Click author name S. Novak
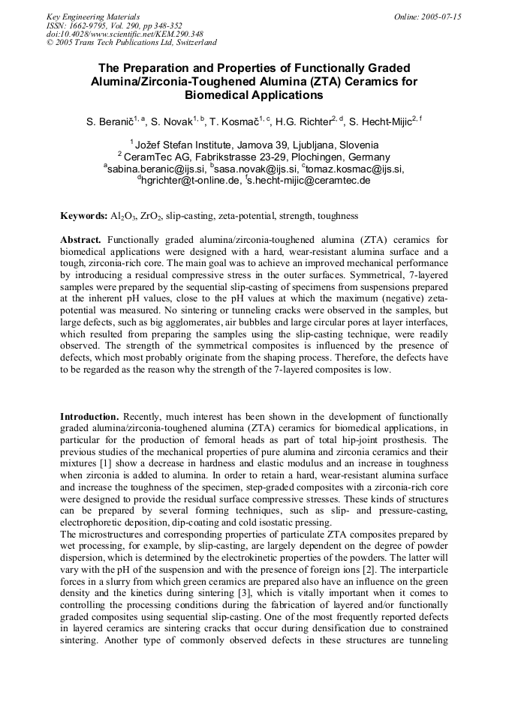coord(171,121)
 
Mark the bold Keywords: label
coord(83,216)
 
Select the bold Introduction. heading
coord(89,416)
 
